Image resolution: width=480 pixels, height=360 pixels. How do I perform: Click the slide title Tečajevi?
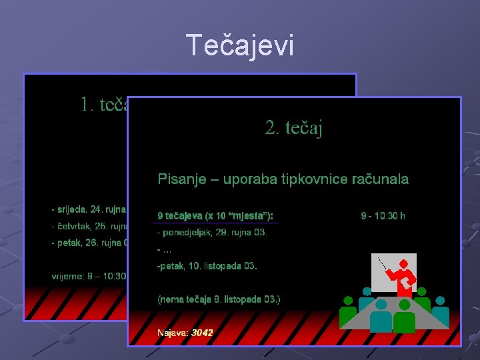tap(239, 45)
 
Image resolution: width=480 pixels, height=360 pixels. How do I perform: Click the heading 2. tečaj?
tap(293, 128)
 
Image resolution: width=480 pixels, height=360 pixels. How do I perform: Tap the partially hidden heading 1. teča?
tap(103, 105)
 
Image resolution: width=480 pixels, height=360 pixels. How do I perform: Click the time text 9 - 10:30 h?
tap(383, 216)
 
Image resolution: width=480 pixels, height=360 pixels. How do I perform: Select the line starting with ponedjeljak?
tap(212, 233)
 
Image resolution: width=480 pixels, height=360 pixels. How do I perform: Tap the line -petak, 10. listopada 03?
tap(207, 266)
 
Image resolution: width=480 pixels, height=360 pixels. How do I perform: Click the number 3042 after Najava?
tap(202, 332)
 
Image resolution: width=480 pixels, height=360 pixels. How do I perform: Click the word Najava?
tap(173, 332)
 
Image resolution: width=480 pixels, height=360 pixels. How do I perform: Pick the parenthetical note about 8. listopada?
tap(219, 299)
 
